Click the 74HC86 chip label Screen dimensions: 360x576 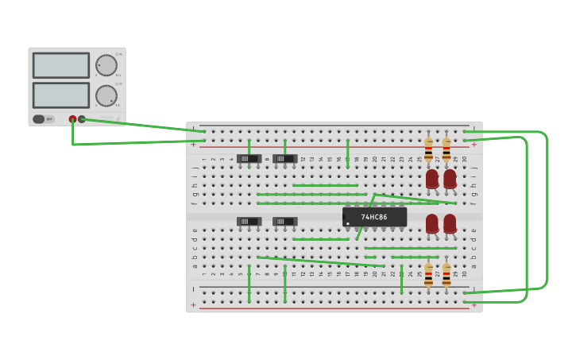(374, 217)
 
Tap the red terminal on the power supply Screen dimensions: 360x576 (72, 119)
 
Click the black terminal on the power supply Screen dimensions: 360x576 (82, 119)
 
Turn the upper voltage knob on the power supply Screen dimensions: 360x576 (106, 65)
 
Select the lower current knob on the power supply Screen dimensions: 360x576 (106, 95)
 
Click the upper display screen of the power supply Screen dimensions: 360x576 (61, 65)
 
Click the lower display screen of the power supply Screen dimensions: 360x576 (61, 95)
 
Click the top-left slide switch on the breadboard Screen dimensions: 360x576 (249, 159)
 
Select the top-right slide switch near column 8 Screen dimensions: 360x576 (284, 159)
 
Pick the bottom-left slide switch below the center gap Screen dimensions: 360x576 (249, 222)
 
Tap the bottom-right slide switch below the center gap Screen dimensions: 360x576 (284, 222)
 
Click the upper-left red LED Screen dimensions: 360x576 (431, 179)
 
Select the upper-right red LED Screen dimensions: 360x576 (450, 179)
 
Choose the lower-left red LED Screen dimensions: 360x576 (431, 223)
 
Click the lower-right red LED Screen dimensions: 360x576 (450, 223)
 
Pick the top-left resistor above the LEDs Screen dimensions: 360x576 (428, 149)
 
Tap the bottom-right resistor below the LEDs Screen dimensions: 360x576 (446, 276)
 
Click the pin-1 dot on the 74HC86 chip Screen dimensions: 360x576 (348, 223)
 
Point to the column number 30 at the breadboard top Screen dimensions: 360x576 (465, 159)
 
